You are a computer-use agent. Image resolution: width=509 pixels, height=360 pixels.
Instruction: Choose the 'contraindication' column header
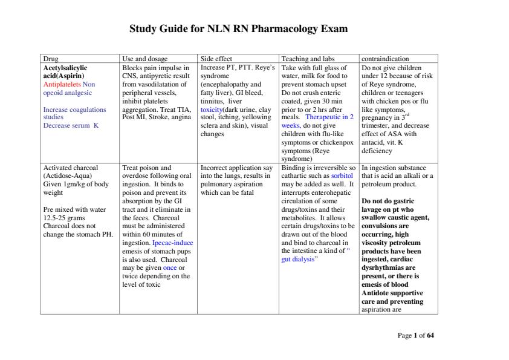[x=384, y=59]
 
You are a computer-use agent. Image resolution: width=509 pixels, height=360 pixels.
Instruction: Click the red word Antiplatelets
[x=62, y=85]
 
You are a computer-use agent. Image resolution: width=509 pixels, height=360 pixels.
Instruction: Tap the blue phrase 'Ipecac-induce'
[x=173, y=242]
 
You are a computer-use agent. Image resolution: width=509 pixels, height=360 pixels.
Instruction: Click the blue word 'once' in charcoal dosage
[x=170, y=267]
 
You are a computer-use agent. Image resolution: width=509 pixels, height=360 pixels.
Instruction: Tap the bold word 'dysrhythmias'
[x=383, y=267]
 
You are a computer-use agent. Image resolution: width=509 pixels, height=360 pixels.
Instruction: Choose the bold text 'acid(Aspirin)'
[x=63, y=76]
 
